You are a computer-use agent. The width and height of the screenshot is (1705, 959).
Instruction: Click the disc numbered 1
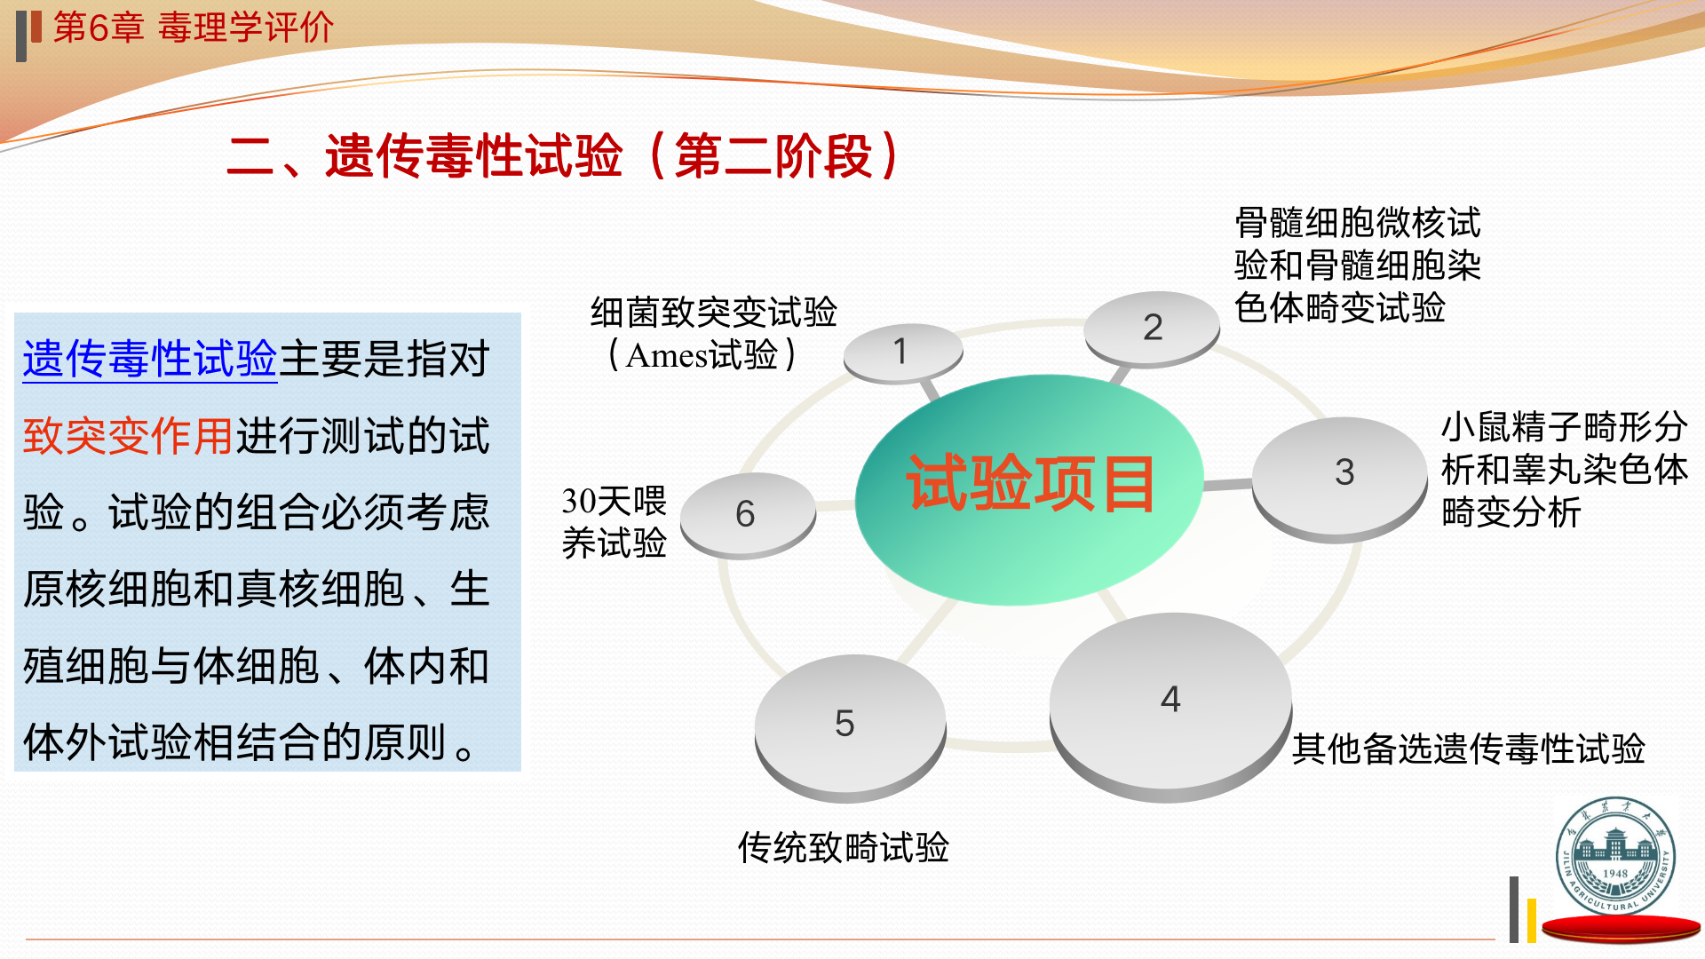pyautogui.click(x=902, y=353)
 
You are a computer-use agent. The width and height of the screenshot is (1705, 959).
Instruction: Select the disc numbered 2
pyautogui.click(x=1152, y=329)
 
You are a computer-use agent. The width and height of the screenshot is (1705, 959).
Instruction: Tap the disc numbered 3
pyautogui.click(x=1340, y=479)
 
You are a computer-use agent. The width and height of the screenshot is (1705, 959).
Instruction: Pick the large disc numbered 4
pyautogui.click(x=1170, y=707)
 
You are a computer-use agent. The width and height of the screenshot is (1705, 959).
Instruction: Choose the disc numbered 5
pyautogui.click(x=850, y=728)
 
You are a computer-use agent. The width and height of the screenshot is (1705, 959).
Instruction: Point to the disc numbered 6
pyautogui.click(x=748, y=515)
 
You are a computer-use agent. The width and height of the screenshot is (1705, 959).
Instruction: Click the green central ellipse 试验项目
pyautogui.click(x=1029, y=489)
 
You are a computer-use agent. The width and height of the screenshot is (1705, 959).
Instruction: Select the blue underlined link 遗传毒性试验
pyautogui.click(x=150, y=360)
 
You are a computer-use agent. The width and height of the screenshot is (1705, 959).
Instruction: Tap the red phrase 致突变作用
pyautogui.click(x=128, y=436)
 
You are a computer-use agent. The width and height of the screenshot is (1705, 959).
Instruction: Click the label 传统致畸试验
pyautogui.click(x=844, y=847)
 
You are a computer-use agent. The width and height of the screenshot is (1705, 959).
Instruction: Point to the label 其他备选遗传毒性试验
pyautogui.click(x=1469, y=749)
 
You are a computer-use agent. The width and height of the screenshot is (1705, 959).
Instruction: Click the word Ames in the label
pyautogui.click(x=666, y=355)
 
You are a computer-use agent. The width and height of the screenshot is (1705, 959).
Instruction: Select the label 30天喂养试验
pyautogui.click(x=614, y=521)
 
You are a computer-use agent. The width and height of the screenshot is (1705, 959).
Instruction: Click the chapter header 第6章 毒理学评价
pyautogui.click(x=193, y=28)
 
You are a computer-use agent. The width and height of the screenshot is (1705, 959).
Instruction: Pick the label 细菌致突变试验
pyautogui.click(x=714, y=313)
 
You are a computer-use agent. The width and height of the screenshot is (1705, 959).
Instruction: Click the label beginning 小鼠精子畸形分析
pyautogui.click(x=1565, y=470)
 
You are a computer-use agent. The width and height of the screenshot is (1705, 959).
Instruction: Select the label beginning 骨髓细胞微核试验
pyautogui.click(x=1358, y=265)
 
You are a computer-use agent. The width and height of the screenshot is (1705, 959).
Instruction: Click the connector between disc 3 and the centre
pyautogui.click(x=1228, y=485)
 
